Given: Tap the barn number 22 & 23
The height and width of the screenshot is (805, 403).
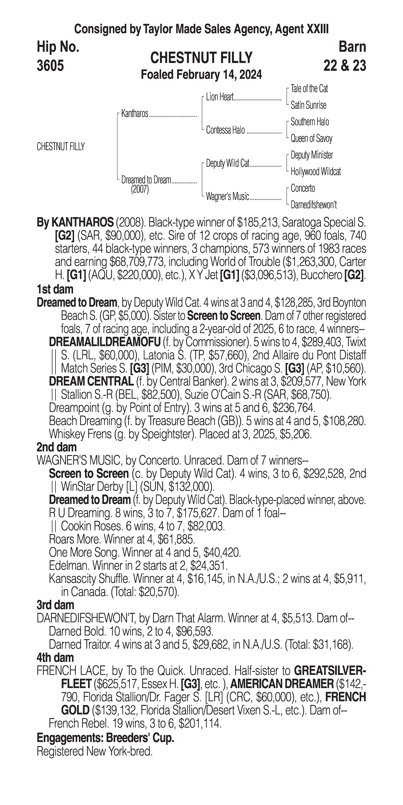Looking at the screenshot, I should point(345,66).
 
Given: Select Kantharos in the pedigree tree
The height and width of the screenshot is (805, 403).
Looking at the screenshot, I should point(135,114).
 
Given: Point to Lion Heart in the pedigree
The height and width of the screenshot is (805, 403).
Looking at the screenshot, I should point(220,97).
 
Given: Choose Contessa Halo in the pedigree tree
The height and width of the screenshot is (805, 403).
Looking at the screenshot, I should point(225,130).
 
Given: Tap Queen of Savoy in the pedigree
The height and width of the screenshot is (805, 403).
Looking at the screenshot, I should point(311,138).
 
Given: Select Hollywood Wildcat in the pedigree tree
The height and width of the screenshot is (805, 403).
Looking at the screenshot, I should point(316,172).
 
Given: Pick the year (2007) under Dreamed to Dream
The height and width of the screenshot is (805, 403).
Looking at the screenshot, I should point(140,190).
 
